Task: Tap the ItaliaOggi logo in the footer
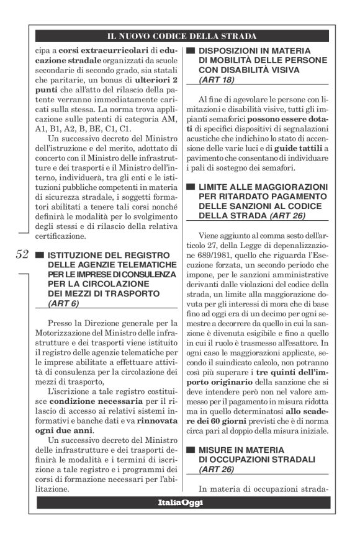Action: click(x=181, y=501)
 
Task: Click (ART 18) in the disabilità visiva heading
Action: click(x=216, y=80)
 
